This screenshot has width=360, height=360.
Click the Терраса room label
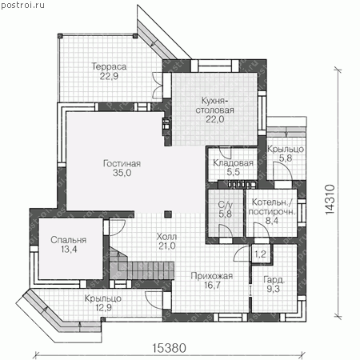109,66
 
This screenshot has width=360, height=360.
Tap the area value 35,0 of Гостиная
122,173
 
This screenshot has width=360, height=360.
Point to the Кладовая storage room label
233,162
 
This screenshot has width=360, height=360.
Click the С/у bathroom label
226,205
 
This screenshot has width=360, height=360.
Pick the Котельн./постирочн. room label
272,206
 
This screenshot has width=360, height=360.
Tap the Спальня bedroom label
69,240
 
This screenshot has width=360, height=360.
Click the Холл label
166,237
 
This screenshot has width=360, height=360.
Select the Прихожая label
212,276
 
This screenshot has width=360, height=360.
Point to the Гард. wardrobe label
274,280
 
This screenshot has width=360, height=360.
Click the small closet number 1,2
260,254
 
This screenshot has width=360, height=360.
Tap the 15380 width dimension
169,348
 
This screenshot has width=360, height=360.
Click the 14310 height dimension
330,199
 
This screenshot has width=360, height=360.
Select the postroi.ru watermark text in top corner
22,5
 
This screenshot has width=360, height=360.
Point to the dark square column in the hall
168,214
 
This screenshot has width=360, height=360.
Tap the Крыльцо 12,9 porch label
103,303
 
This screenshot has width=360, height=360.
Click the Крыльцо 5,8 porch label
286,154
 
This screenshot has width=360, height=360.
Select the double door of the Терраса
157,86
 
